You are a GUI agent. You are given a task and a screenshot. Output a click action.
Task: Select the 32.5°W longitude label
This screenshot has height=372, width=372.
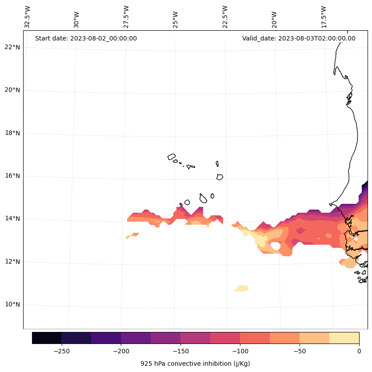coord(28,17)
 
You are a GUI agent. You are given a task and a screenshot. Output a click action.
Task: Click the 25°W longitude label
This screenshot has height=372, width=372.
coord(176,19)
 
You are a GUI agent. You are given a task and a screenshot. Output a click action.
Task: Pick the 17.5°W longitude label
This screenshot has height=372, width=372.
coord(324,17)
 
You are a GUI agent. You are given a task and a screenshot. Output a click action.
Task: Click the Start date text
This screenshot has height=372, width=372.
coord(86,38)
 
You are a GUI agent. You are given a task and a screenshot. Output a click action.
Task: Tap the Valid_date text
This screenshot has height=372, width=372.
coord(299,38)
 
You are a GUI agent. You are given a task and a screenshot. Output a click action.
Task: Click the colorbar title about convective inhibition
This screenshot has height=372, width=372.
coord(195,364)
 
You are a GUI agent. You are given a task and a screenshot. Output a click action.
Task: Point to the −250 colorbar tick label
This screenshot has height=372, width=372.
coord(61,351)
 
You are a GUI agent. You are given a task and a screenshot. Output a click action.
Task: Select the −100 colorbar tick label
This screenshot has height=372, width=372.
coord(240,351)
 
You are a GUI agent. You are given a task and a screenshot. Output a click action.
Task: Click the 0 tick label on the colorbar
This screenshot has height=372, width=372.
coord(359,351)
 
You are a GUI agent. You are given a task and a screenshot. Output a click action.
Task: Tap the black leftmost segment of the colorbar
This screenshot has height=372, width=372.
coord(47,338)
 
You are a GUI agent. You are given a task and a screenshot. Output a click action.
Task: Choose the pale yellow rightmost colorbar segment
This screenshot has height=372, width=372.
coord(344,338)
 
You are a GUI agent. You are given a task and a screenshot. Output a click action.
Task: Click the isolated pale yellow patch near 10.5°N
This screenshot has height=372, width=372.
coord(242,288)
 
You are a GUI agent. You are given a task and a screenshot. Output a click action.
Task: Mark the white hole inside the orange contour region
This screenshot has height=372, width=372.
coord(275,246)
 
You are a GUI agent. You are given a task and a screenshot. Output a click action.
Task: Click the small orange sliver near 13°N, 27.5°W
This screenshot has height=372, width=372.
coord(132,235)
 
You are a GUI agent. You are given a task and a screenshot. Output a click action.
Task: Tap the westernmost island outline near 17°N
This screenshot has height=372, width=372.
coord(172,157)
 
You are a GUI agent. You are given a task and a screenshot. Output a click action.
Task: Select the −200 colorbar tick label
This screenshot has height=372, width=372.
coord(121,351)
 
